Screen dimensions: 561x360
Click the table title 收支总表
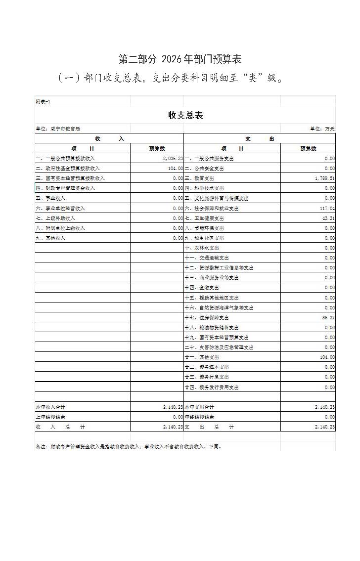pos(185,115)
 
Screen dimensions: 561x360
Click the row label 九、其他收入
pos(50,238)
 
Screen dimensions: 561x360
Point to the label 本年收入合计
pos(50,407)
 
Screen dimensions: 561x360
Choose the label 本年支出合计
pos(199,407)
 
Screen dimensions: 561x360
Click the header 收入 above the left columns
pos(109,139)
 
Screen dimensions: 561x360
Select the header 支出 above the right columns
pos(260,139)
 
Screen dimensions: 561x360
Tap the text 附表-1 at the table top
pos(43,101)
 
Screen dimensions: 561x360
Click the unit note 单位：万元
pos(322,129)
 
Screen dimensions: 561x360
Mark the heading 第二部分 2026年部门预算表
pos(180,59)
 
